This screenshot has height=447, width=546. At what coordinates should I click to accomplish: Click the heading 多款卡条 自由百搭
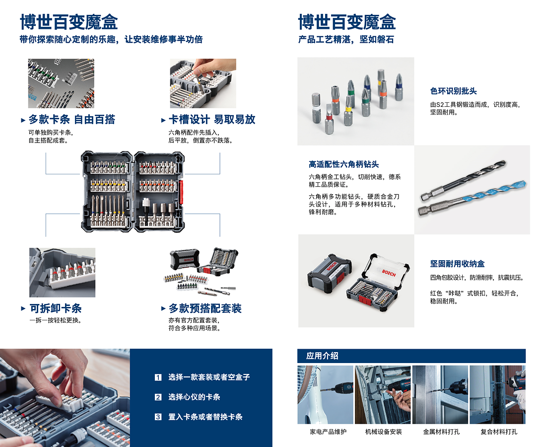[72, 120]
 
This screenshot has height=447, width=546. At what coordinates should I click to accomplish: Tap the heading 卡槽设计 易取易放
[212, 120]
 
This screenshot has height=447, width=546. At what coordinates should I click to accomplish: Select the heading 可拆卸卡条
[56, 308]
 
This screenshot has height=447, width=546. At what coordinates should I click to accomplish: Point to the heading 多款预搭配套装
[205, 308]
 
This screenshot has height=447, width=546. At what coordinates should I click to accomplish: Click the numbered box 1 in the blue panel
[158, 377]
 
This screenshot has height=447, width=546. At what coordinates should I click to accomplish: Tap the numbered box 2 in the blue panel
[158, 397]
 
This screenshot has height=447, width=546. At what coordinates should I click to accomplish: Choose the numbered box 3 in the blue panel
[158, 417]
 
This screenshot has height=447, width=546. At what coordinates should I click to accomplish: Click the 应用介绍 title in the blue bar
[322, 356]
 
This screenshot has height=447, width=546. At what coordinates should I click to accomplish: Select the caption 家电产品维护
[328, 432]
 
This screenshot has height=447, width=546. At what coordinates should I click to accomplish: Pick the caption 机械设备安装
[383, 432]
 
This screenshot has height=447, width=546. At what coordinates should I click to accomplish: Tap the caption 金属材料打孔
[441, 432]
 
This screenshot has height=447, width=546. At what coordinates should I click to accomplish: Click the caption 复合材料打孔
[499, 432]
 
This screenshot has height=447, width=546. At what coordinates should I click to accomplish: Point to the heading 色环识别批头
[453, 91]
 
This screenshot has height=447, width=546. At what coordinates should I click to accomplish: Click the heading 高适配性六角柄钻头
[343, 164]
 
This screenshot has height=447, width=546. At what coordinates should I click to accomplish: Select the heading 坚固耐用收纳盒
[457, 264]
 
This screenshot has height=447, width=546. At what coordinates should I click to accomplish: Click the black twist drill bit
[463, 180]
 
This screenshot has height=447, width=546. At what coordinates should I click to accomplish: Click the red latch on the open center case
[181, 192]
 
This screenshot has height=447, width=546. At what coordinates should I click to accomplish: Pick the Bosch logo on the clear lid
[389, 273]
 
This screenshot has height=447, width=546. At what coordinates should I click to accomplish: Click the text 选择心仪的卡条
[194, 397]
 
